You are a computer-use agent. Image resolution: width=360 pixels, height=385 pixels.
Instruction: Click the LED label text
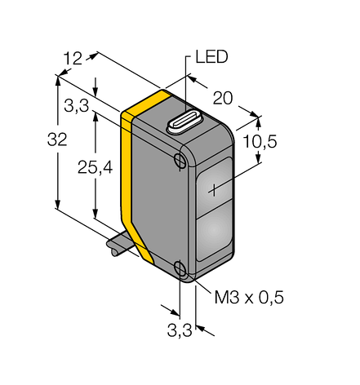211,57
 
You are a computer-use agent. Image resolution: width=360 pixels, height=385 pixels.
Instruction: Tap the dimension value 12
73,59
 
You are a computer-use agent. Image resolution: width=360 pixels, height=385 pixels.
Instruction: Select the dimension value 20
223,98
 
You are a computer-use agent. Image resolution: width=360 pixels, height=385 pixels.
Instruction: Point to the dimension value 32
57,139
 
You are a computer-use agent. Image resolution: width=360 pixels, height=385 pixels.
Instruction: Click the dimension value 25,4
95,167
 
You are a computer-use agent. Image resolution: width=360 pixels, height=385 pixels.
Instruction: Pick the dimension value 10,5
260,142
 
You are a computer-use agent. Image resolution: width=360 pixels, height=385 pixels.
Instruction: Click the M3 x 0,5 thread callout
249,297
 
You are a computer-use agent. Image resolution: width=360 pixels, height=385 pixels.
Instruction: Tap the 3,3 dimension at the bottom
180,330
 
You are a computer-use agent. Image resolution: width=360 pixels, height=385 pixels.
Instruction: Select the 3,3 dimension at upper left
77,105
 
